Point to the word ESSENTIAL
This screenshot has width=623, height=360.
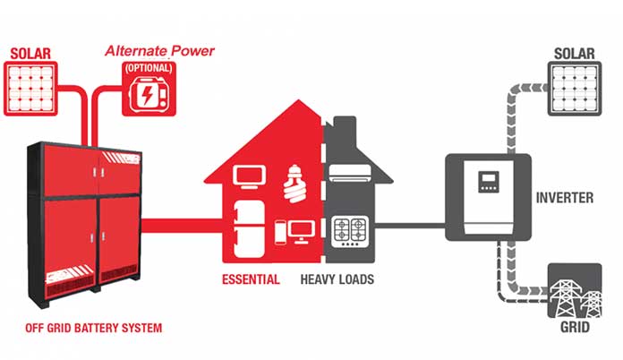click(x=251, y=279)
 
